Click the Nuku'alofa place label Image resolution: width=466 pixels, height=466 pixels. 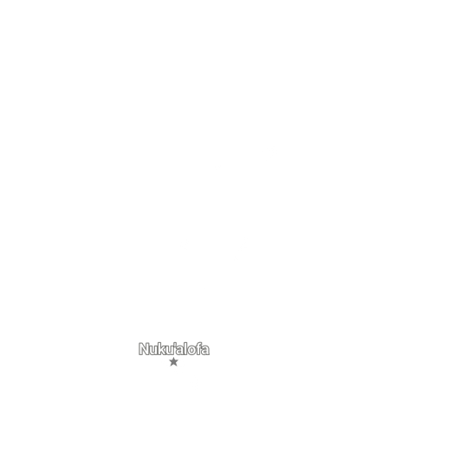[174, 349]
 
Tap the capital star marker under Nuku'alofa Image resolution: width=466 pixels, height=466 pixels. [173, 362]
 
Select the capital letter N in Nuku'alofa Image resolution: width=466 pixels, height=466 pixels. [143, 349]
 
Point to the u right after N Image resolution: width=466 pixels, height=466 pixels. [152, 351]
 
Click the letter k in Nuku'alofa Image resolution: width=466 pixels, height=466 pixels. [161, 349]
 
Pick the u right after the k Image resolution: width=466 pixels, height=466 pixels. [170, 351]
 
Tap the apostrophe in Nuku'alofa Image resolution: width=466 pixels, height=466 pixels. [175, 345]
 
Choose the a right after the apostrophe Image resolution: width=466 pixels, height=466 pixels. [180, 351]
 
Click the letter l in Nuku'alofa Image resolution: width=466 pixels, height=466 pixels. [186, 349]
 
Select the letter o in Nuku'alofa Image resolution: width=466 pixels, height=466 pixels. [192, 351]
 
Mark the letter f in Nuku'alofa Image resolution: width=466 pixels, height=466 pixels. [199, 349]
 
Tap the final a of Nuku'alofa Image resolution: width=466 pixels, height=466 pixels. [205, 351]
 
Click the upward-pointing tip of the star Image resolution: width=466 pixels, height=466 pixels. [173, 358]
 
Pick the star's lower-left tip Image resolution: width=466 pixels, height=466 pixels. [171, 366]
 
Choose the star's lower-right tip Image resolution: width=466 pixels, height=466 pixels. [177, 366]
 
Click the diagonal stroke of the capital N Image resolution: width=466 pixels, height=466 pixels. [143, 349]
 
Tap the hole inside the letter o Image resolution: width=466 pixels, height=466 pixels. [192, 351]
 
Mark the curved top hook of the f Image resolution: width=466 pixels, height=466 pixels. [200, 344]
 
